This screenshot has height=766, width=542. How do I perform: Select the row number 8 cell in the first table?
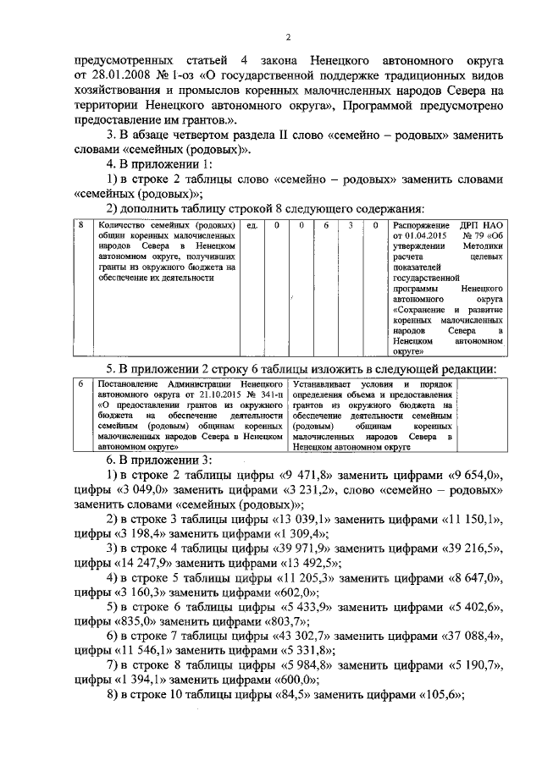pyautogui.click(x=81, y=227)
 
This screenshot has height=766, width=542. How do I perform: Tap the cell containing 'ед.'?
pyautogui.click(x=252, y=227)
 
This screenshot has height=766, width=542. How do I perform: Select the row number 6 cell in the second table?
pyautogui.click(x=80, y=385)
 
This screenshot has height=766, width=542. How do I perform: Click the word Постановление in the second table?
pyautogui.click(x=124, y=385)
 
